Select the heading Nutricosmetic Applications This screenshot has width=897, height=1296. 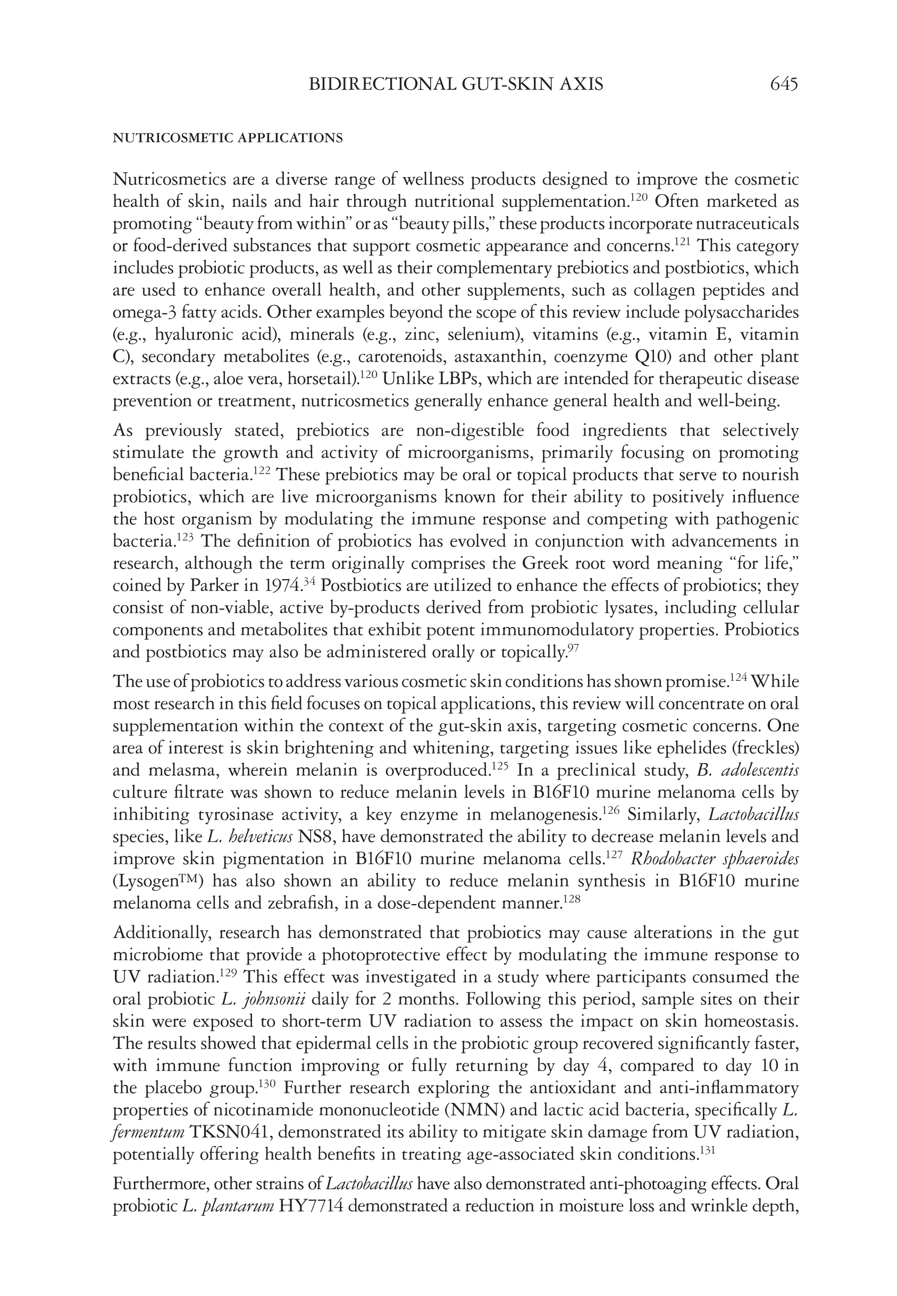tap(228, 138)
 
